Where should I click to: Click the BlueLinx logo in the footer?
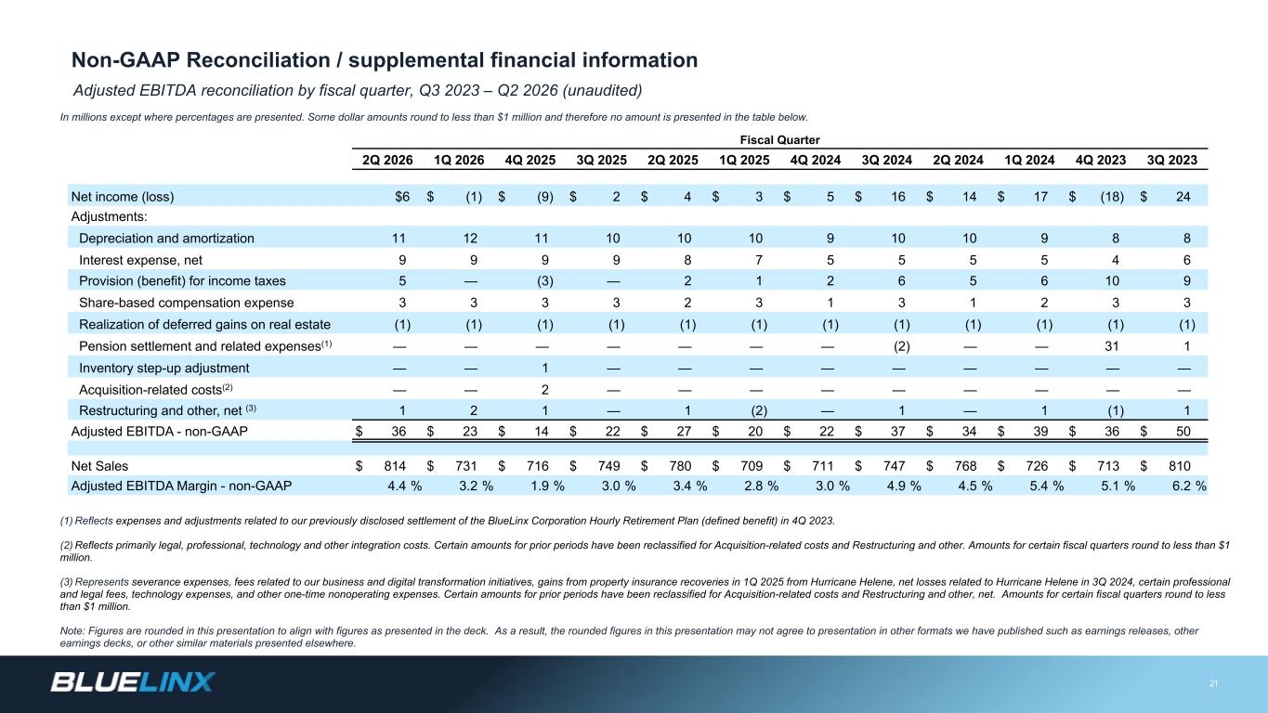tap(133, 682)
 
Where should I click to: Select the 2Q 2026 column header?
tap(387, 160)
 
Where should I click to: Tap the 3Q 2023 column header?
tap(1171, 160)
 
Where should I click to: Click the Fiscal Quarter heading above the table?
tap(779, 140)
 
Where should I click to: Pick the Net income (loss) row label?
tap(123, 197)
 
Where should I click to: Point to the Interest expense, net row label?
tap(140, 260)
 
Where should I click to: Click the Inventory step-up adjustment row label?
tap(164, 369)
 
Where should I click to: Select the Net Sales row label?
tap(99, 466)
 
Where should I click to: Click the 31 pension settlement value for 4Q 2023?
tap(1112, 346)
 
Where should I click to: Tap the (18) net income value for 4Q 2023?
tap(1112, 197)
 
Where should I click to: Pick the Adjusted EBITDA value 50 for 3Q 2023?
tap(1183, 431)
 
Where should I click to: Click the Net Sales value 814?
tap(395, 466)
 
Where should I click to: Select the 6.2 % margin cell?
tap(1189, 486)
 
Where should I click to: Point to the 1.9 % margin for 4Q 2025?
tap(547, 486)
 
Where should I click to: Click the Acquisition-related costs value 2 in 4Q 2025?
tap(544, 390)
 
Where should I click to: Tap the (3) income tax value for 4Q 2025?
tap(544, 281)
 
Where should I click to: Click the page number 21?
tap(1213, 683)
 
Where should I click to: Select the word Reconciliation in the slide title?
tap(258, 60)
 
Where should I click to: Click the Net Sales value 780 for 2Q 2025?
tap(680, 466)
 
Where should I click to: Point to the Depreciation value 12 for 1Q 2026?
tap(470, 239)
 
